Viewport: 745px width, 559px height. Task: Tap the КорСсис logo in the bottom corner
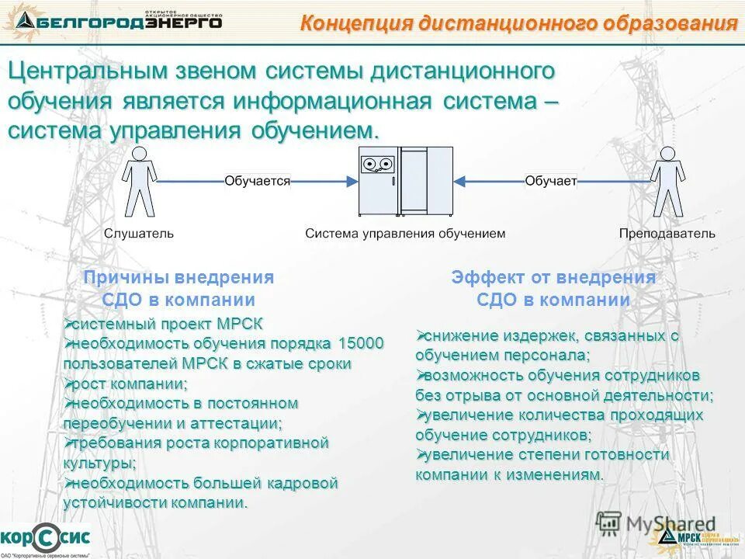pos(45,536)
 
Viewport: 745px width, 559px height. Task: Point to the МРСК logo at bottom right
pos(688,536)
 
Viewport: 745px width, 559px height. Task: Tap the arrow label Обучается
pos(257,181)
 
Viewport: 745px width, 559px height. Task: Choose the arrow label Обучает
pos(550,181)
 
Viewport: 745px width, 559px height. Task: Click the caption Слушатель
pos(140,233)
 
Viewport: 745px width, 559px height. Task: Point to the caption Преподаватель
pos(667,233)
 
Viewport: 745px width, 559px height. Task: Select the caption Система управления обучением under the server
pos(405,233)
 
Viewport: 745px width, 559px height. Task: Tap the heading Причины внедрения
pos(179,277)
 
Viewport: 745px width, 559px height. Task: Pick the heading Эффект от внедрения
pos(553,277)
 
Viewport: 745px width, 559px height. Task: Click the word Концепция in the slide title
pos(354,23)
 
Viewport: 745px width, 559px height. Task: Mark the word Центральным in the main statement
pos(85,71)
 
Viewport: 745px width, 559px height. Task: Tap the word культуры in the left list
pos(98,464)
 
